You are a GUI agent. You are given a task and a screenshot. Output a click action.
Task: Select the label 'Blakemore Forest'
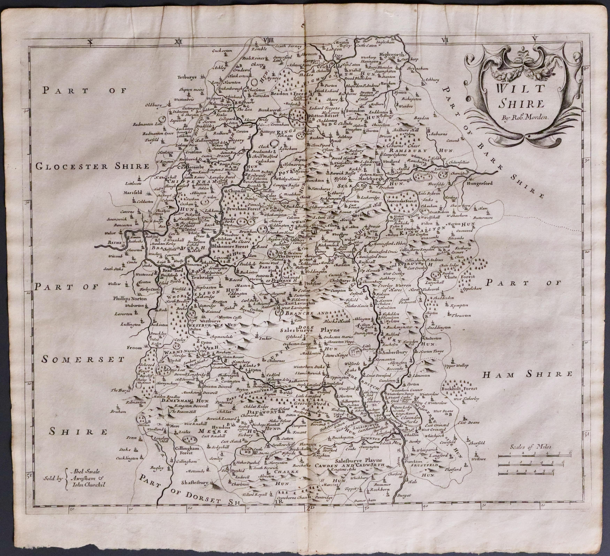tap(230, 246)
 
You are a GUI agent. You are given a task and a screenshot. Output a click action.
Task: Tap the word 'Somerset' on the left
tap(83, 359)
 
